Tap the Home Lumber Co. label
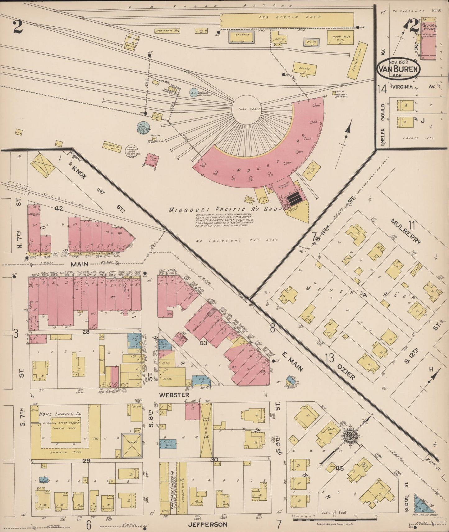coord(56,414)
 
